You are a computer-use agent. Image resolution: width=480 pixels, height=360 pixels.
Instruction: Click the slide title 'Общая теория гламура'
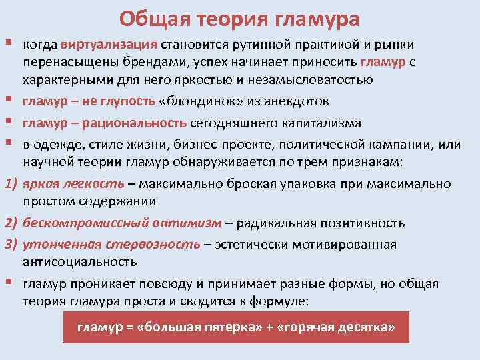point(240,18)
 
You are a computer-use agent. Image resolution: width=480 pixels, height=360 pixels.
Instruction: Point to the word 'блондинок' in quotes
point(198,101)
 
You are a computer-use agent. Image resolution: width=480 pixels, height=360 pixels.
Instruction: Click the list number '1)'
point(11,183)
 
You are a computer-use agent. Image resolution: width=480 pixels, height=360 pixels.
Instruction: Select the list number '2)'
point(11,223)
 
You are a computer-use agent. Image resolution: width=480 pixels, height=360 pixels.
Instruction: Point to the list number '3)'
point(11,244)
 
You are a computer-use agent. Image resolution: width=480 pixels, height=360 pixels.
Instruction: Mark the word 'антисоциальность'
point(80,262)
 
